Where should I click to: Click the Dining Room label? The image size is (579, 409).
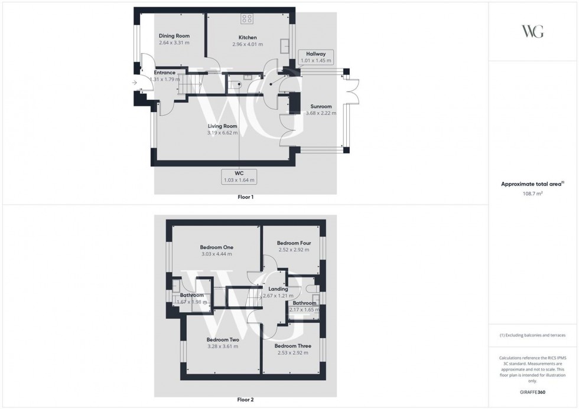(x=174, y=36)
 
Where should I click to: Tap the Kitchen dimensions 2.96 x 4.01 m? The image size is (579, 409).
(x=247, y=44)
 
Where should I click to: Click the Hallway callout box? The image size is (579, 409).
(x=316, y=57)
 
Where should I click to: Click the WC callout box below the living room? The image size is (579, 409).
(x=239, y=176)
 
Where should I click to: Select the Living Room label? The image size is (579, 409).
(x=222, y=126)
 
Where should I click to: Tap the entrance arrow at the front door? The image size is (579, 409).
(x=135, y=83)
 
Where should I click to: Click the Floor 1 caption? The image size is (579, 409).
(x=245, y=197)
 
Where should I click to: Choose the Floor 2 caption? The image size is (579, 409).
(x=245, y=400)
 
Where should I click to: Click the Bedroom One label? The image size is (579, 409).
(x=216, y=247)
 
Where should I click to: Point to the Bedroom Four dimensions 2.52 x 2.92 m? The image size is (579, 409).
(x=294, y=250)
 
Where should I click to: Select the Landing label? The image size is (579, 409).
(x=278, y=289)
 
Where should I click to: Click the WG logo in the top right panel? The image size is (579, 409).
(x=533, y=31)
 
